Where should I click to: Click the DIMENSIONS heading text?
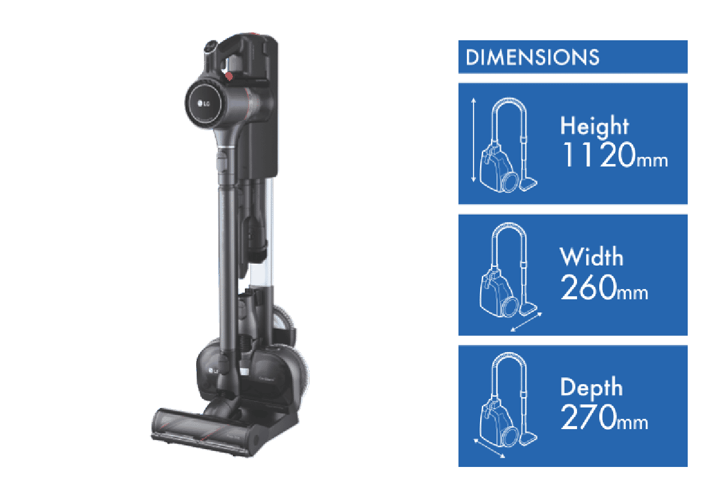click(x=532, y=57)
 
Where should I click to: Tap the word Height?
click(x=594, y=126)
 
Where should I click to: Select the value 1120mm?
click(x=615, y=155)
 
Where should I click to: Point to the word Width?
click(x=591, y=257)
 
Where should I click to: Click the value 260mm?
click(x=604, y=287)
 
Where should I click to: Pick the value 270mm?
click(x=604, y=417)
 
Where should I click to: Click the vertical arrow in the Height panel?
click(x=474, y=140)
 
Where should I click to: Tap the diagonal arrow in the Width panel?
click(x=526, y=322)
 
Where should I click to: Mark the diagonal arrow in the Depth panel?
click(x=489, y=448)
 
